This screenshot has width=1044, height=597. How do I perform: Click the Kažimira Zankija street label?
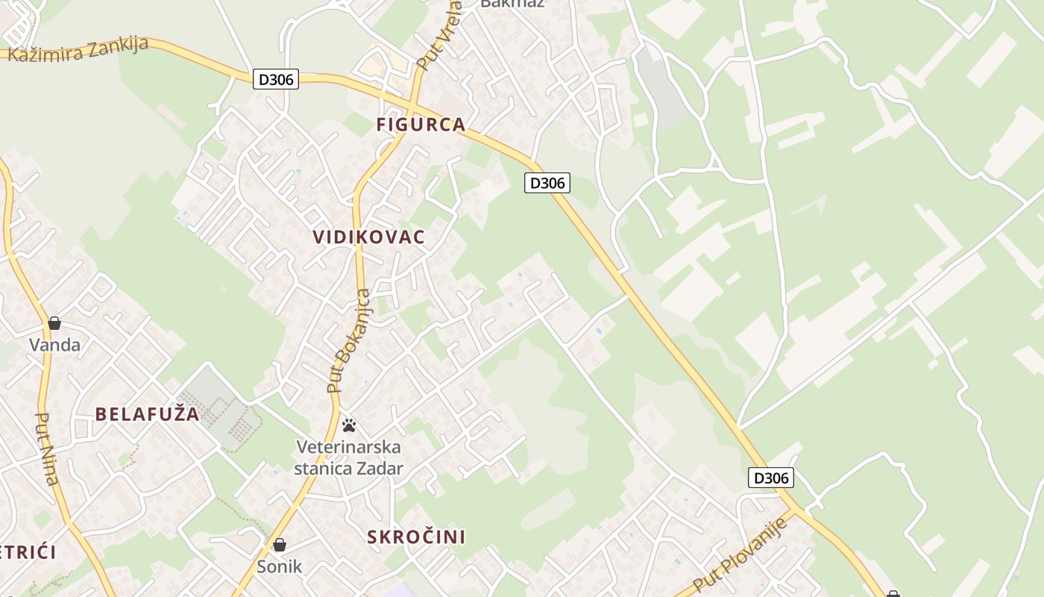click(x=78, y=50)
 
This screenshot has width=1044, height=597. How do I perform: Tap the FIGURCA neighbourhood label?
click(x=421, y=125)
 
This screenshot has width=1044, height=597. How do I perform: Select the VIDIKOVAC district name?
click(x=368, y=237)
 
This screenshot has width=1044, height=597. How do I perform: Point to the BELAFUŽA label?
click(x=147, y=414)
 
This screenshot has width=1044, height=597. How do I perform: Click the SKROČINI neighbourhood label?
click(x=416, y=537)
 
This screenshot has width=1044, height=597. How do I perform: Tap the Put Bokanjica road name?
click(x=348, y=341)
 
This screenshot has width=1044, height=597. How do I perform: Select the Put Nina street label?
click(x=47, y=448)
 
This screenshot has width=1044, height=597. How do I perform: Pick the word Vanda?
click(x=54, y=345)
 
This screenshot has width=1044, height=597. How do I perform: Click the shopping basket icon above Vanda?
click(x=54, y=323)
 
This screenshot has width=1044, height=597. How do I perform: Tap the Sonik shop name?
click(x=280, y=566)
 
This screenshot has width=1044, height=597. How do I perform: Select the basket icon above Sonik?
click(x=280, y=545)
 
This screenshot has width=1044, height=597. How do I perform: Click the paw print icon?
click(x=348, y=425)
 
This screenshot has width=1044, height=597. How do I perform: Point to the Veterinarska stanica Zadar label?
click(x=348, y=457)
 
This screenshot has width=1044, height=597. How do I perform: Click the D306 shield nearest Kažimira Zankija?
click(x=276, y=79)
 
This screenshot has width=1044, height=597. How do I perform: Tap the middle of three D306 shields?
click(x=547, y=183)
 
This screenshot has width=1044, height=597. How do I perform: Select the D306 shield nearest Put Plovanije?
click(x=771, y=478)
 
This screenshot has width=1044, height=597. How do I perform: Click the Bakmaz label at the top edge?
click(x=512, y=3)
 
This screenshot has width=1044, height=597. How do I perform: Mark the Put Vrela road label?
click(x=438, y=37)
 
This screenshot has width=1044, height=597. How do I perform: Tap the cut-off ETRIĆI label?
click(x=28, y=553)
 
